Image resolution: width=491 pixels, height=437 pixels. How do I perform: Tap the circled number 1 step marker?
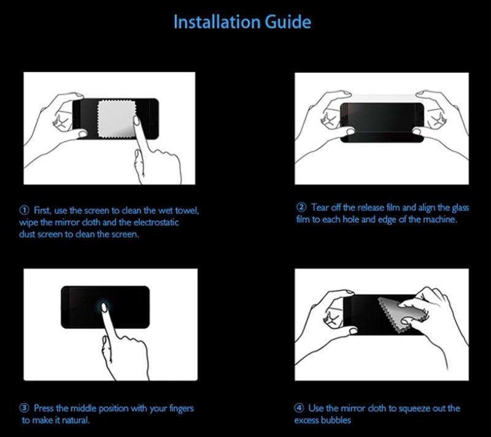pyautogui.click(x=24, y=211)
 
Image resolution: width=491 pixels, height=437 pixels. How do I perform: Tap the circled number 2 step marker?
pyautogui.click(x=301, y=207)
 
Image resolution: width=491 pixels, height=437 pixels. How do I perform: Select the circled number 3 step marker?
pyautogui.click(x=25, y=408)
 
